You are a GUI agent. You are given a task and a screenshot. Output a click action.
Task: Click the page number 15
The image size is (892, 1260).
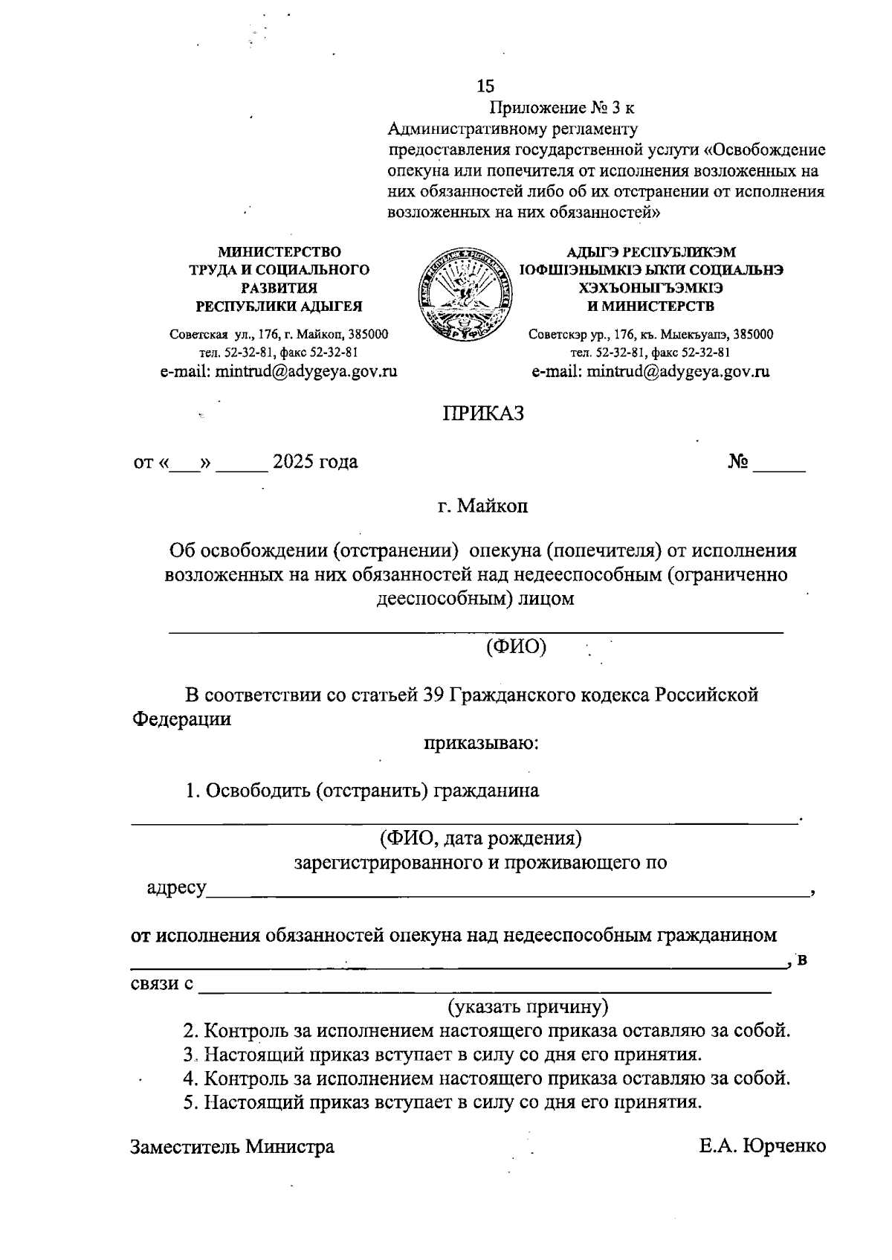485,86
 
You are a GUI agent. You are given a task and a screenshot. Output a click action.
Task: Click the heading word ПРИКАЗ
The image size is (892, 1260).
484,414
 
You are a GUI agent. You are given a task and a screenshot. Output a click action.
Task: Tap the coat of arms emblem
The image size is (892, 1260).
464,295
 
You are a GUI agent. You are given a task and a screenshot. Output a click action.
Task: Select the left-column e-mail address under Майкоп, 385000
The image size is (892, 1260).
279,371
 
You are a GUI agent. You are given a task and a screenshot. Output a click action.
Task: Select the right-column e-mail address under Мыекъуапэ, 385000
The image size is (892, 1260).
650,371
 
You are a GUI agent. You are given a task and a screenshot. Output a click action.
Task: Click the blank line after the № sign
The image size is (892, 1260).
778,466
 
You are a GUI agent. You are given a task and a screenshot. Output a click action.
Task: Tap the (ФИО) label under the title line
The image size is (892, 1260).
516,646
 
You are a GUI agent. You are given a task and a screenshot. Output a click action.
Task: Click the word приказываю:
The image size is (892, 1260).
482,742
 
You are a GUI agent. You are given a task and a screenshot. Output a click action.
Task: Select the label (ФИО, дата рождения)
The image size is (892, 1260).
480,838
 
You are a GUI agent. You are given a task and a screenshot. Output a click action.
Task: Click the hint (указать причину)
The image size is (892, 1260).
527,1006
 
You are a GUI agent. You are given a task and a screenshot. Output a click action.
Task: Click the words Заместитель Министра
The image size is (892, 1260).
233,1146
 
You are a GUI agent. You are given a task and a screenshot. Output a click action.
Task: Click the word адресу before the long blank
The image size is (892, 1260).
176,888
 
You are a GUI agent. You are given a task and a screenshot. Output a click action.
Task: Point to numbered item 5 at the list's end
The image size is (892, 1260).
442,1102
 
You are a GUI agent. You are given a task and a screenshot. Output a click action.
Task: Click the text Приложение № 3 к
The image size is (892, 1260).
560,109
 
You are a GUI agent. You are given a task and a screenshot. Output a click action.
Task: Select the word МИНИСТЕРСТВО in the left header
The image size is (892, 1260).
279,253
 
